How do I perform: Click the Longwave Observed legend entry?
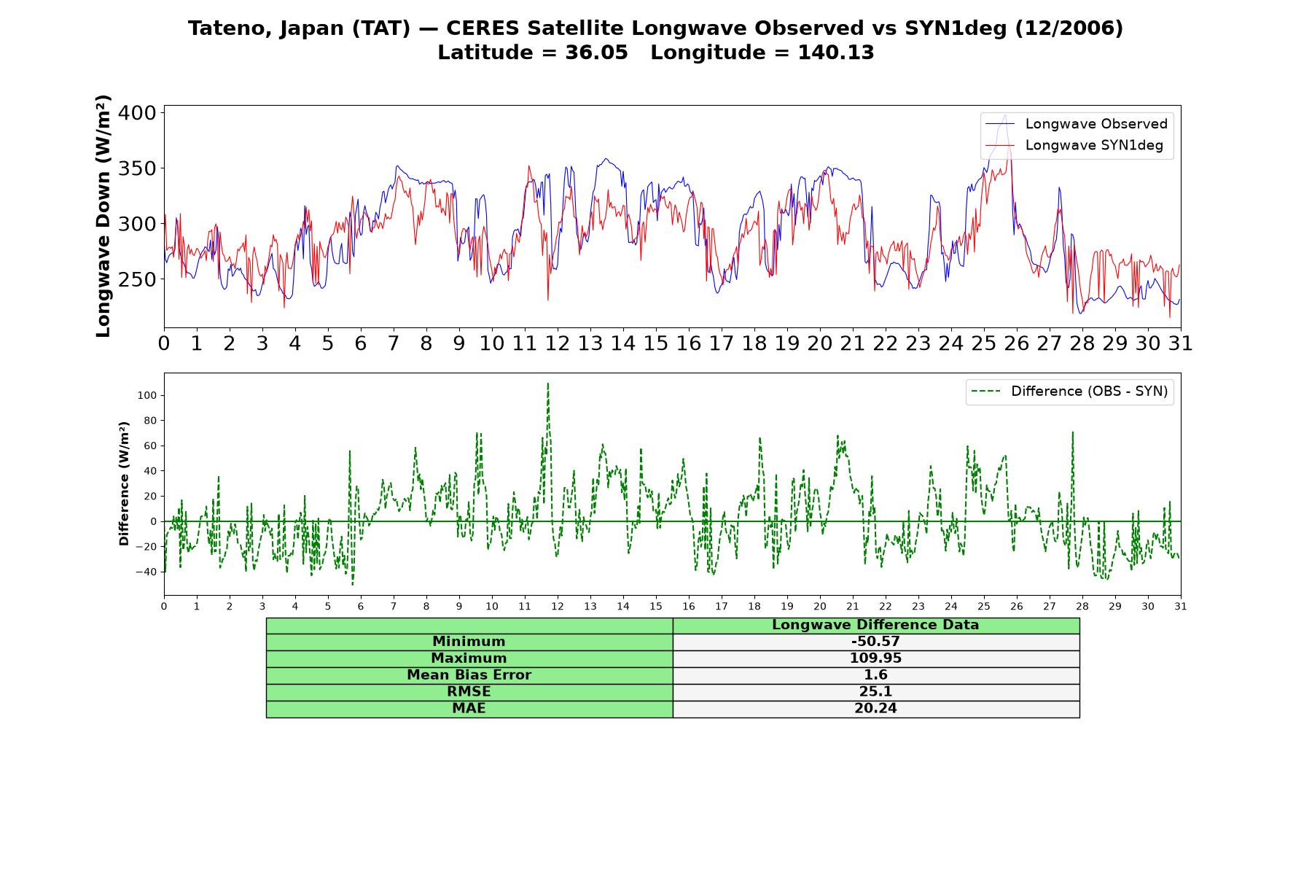1077,124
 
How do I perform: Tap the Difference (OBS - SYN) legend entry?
1070,392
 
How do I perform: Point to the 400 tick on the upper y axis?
136,113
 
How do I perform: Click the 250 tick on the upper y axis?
136,279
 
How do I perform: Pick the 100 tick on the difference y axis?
147,395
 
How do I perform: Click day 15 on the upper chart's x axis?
656,343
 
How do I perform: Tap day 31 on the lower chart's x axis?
1181,607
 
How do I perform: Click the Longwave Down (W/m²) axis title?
103,216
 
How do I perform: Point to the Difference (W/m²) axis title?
124,483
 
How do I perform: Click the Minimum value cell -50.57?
875,642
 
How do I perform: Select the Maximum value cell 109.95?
875,658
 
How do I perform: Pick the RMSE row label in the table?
469,692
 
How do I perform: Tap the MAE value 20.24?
875,709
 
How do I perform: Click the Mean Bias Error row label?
469,675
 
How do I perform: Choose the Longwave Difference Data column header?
875,625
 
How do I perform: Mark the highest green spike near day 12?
547,384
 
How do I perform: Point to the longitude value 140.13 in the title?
835,52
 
